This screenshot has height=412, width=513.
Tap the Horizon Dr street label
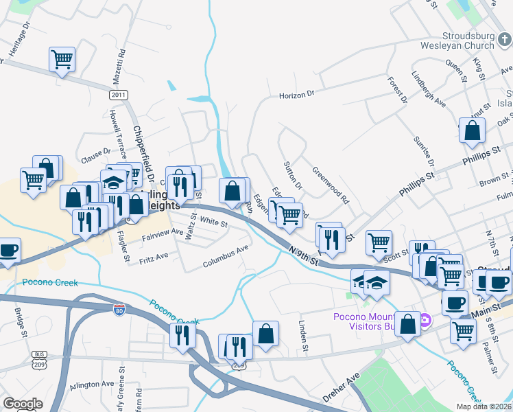tap(296, 95)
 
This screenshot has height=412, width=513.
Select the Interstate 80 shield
tap(119, 310)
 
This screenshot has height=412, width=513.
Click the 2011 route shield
tap(119, 94)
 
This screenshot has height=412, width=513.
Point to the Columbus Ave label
tap(225, 258)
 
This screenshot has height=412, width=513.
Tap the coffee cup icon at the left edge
tap(8, 250)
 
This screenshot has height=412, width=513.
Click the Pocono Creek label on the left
tap(50, 282)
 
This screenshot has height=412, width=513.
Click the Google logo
tap(23, 403)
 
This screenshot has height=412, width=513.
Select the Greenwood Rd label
tap(331, 186)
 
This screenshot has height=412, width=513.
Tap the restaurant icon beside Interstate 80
tap(182, 334)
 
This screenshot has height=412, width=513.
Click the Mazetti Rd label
tap(121, 62)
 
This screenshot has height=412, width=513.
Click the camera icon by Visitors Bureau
tap(425, 320)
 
